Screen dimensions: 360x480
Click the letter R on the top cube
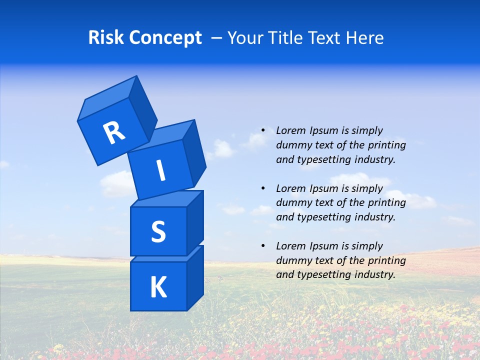point(114,132)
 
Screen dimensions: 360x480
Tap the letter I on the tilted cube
point(160,170)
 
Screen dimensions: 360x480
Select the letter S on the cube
point(158,231)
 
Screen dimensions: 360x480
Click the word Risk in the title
point(106,37)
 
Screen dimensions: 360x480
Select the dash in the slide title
point(217,38)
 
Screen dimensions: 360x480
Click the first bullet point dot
point(263,130)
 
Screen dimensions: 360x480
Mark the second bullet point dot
point(263,188)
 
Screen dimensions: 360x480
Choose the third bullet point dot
point(263,246)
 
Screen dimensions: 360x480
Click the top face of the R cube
point(107,100)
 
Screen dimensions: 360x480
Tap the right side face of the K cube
point(195,277)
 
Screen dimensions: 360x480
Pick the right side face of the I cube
point(194,152)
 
